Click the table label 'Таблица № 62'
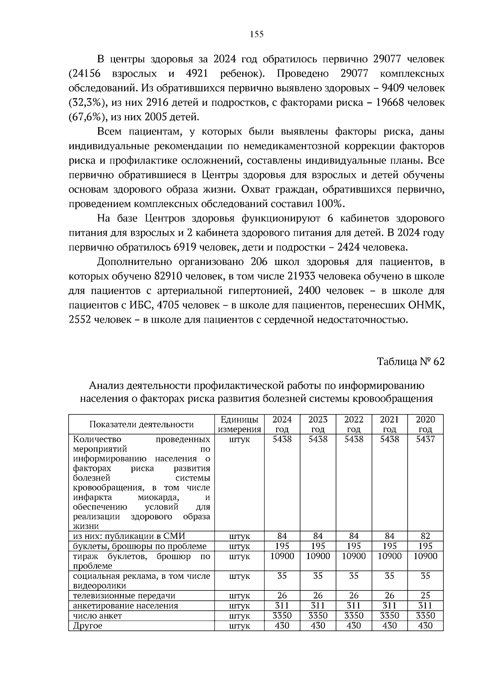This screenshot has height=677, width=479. coord(410,362)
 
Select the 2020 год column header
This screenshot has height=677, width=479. coord(425,424)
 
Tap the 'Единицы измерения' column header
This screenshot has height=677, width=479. coord(239,424)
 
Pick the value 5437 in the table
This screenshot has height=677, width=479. coord(425,439)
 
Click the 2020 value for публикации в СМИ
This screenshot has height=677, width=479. coord(425,536)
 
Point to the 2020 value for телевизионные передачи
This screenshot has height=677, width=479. coord(425,596)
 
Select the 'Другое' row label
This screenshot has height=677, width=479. coord(88,626)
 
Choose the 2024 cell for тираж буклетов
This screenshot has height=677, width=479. coord(282,556)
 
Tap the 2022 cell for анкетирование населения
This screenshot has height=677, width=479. coord(354,606)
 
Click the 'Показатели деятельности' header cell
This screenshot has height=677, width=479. coord(141,424)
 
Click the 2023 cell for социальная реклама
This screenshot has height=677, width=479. coord(318,576)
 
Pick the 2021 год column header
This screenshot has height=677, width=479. coord(389,424)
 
